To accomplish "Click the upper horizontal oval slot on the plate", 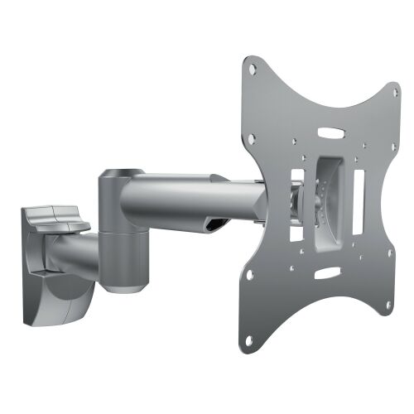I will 330,131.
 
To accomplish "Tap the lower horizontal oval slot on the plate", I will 329,272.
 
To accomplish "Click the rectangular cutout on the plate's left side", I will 296,200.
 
